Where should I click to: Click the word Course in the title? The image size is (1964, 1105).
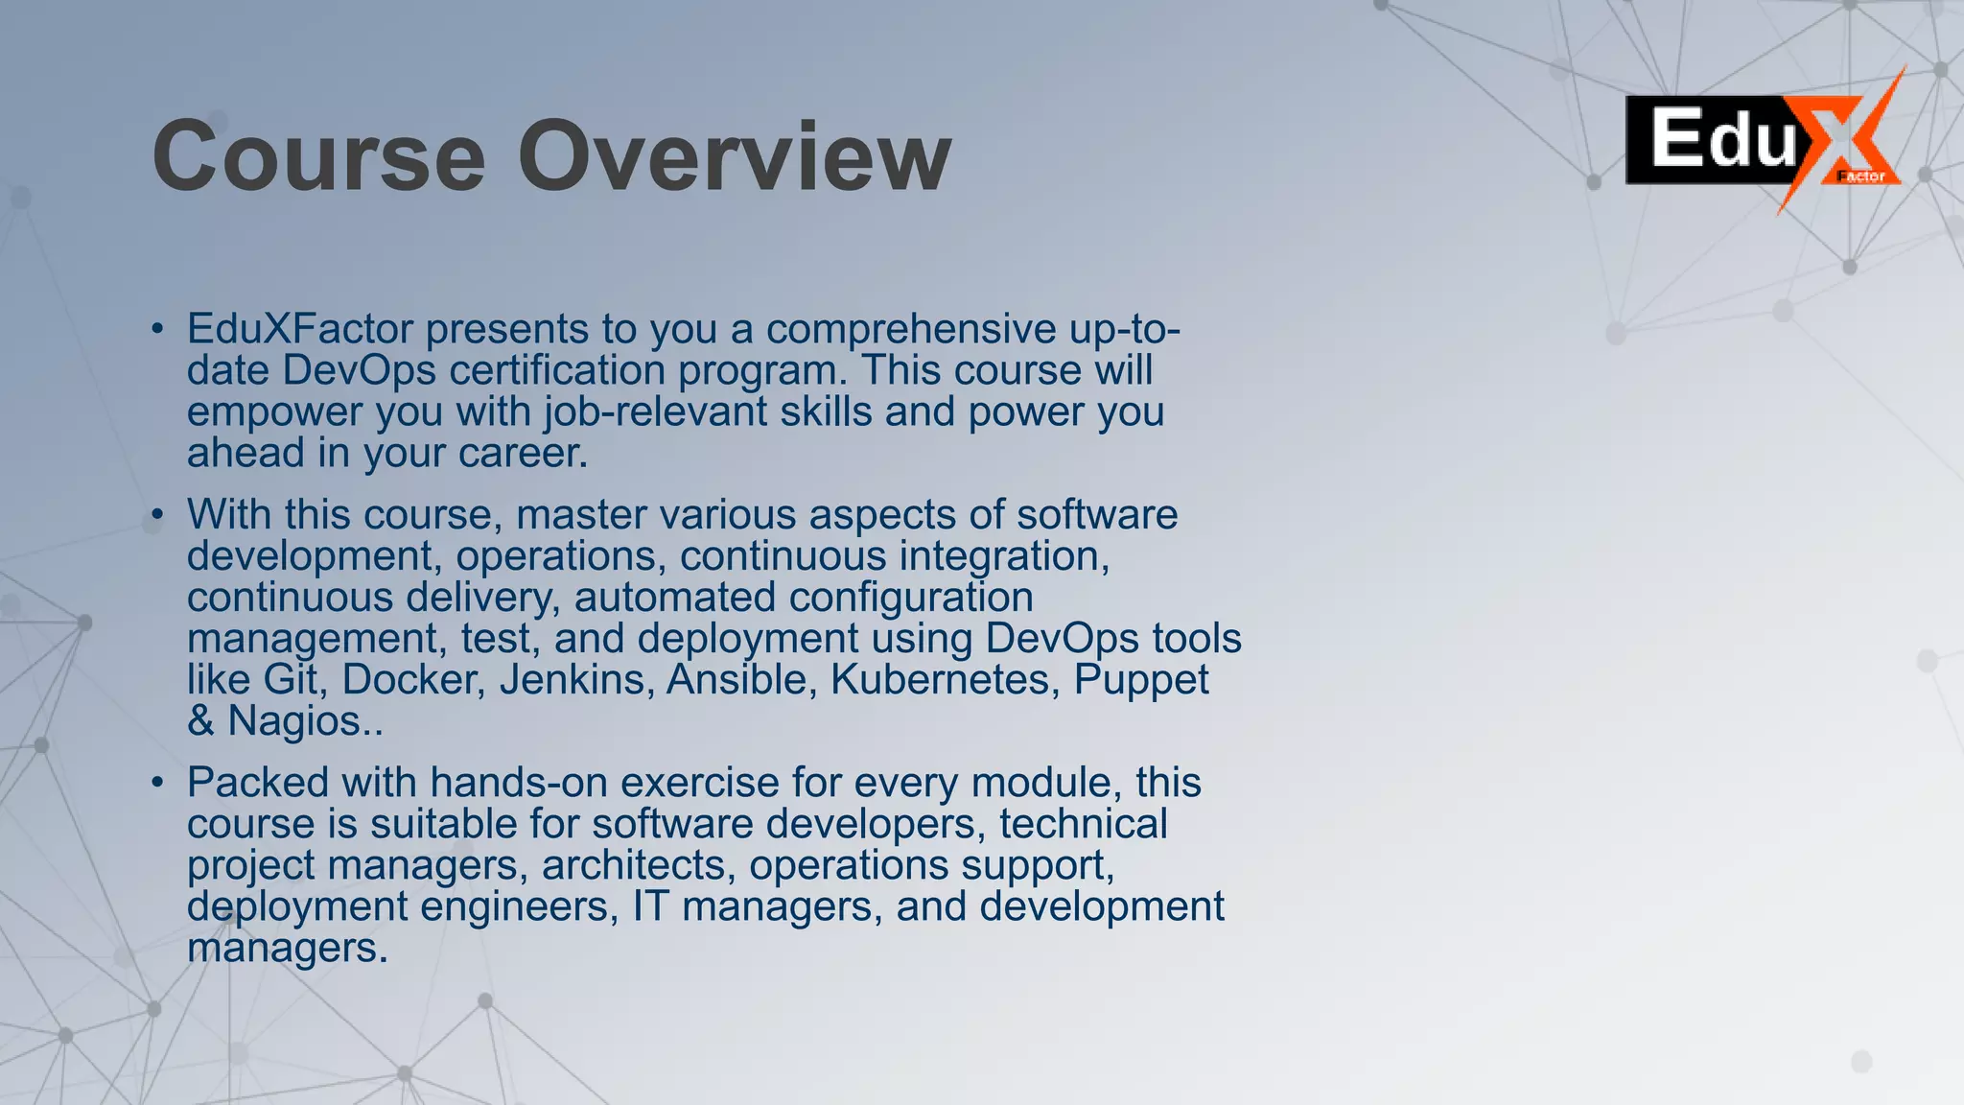pos(318,156)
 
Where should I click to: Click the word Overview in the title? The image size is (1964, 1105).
pos(735,156)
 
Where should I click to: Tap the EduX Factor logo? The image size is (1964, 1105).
pos(1763,142)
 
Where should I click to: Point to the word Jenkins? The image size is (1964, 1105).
pos(576,680)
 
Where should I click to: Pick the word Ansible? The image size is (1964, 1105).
pos(742,680)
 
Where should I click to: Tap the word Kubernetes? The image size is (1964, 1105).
pos(946,680)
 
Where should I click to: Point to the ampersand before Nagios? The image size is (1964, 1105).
pos(200,721)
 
